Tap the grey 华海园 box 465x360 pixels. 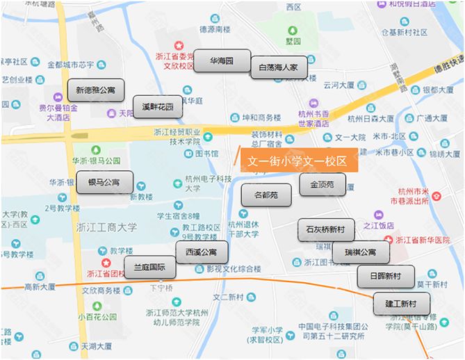coord(221,61)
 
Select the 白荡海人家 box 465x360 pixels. coord(278,67)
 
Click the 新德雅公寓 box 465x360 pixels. coord(95,90)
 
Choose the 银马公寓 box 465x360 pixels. coord(104,182)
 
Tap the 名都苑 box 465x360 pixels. coord(266,195)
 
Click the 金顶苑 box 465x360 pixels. coord(323,184)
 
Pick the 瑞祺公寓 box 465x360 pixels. coord(360,252)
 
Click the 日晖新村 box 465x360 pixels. coord(386,276)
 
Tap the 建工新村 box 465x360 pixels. coord(402,303)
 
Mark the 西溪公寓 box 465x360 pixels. coord(202,251)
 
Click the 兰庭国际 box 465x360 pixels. coord(149,267)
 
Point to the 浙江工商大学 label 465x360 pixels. coord(107,227)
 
